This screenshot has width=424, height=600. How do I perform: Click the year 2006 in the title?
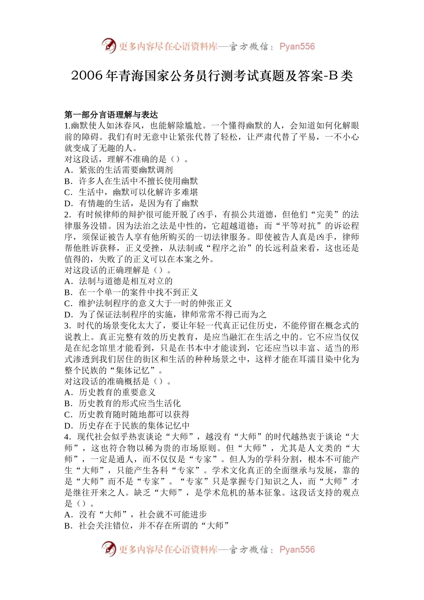87,76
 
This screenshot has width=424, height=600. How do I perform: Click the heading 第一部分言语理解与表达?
111,115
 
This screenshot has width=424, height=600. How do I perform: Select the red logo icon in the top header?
108,46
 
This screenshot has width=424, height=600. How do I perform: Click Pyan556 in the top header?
297,46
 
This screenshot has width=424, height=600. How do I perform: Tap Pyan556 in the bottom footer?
297,550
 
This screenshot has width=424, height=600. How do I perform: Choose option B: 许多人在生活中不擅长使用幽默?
131,181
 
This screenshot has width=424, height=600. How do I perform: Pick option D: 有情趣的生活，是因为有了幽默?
131,204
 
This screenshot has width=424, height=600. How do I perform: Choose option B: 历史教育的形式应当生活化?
123,404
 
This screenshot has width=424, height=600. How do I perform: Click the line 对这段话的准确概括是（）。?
118,381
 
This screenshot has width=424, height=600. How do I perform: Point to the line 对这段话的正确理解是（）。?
118,270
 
